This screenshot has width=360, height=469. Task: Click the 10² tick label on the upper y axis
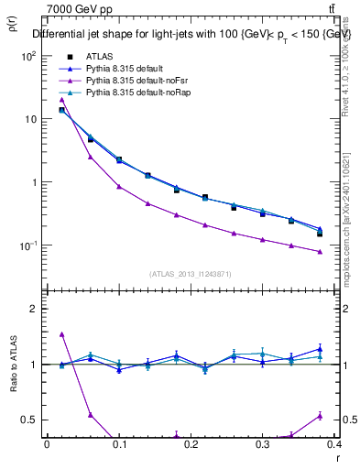27,56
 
